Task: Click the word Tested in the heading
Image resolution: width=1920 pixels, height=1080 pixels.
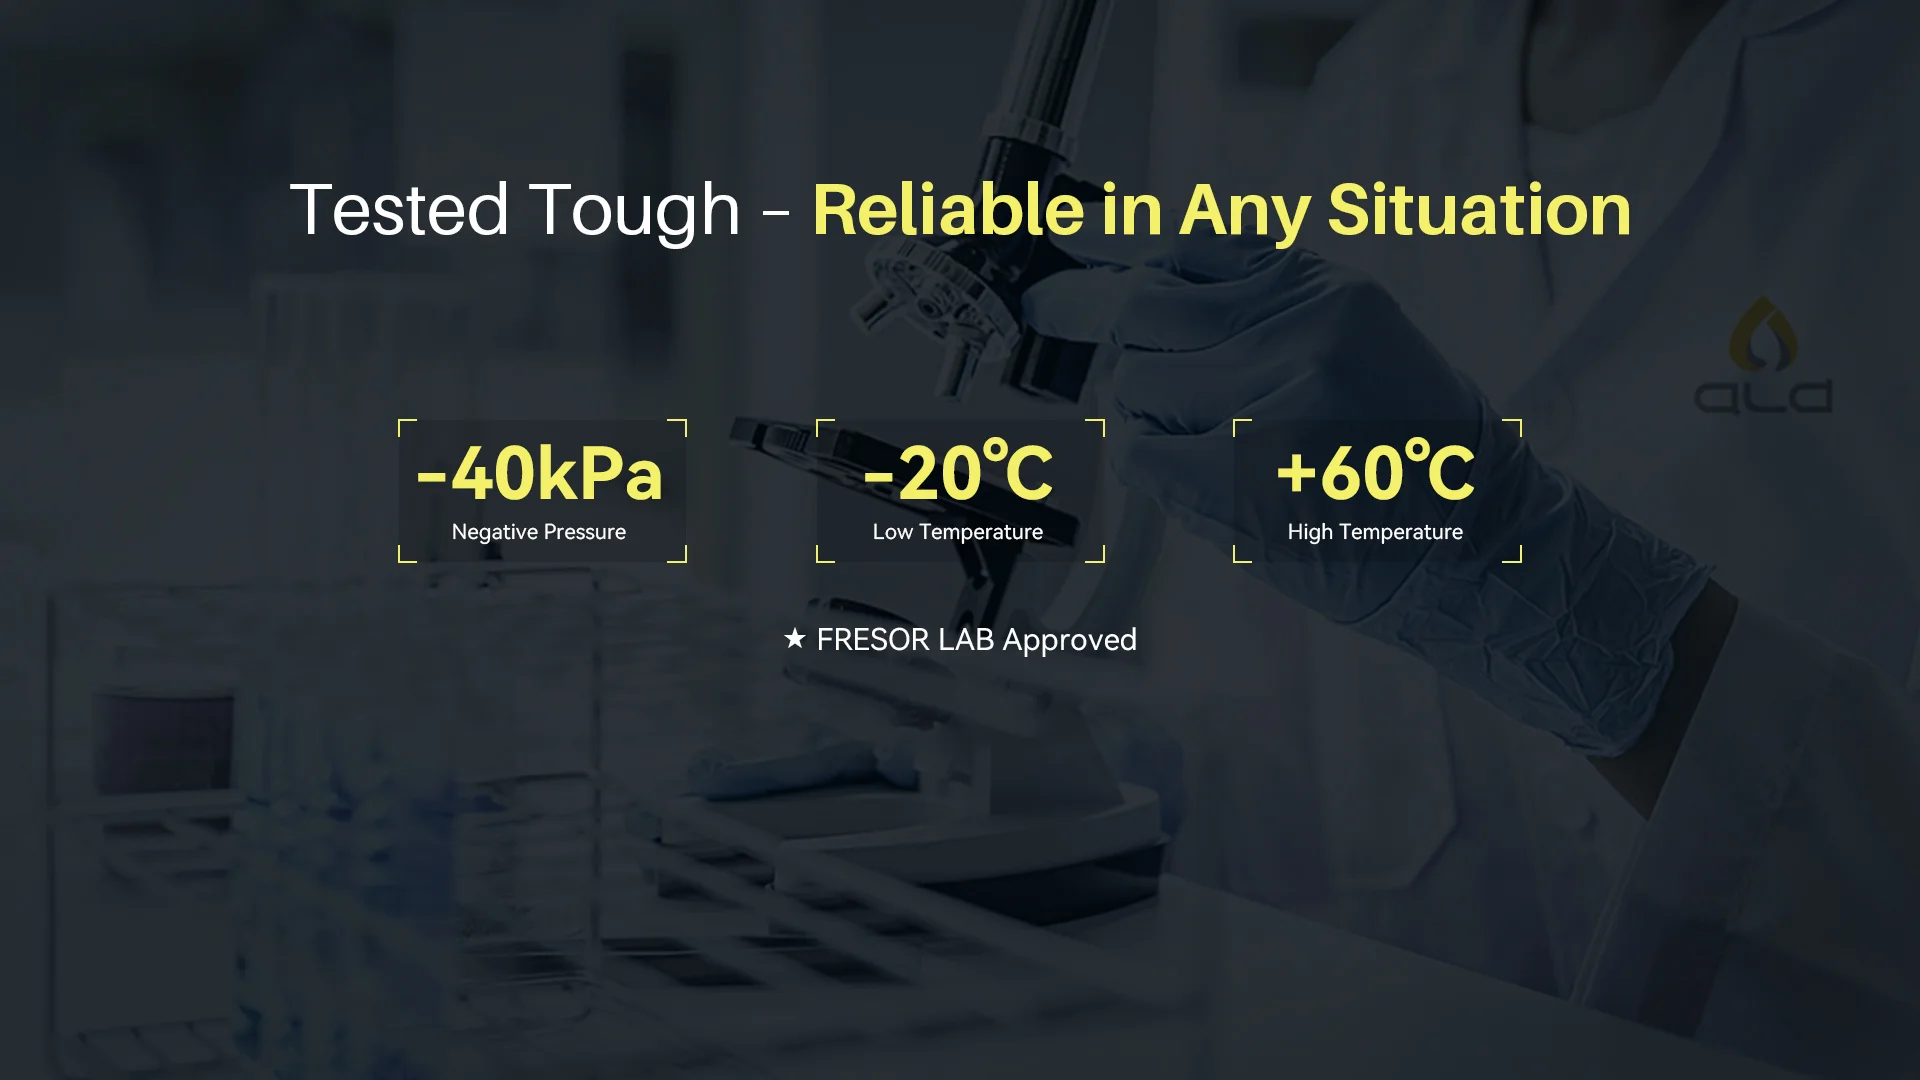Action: [x=400, y=210]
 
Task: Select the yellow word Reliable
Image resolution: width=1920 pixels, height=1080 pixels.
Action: [x=948, y=210]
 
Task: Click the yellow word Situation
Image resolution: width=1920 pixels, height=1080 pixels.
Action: [x=1479, y=210]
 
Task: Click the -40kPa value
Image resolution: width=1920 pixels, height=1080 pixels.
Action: [x=540, y=473]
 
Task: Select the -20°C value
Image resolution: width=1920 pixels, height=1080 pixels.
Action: [x=958, y=470]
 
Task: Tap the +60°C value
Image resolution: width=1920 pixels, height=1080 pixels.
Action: [x=1376, y=470]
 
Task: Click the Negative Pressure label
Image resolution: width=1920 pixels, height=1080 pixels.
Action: [x=539, y=532]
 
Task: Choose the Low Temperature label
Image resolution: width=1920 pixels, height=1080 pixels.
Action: [x=958, y=532]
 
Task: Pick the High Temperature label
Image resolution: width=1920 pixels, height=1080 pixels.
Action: [x=1375, y=532]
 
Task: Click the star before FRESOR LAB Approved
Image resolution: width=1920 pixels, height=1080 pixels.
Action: [x=795, y=638]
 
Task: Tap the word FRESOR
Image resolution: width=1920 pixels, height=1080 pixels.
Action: [x=873, y=640]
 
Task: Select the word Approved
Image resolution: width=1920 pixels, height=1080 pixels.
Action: [x=1070, y=641]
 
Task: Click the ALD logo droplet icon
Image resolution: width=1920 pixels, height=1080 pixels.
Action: [x=1763, y=332]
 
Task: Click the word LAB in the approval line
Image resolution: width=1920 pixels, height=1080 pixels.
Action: [x=966, y=640]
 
